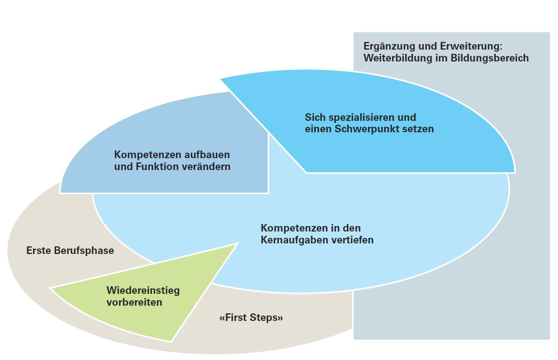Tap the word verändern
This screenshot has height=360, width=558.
point(206,166)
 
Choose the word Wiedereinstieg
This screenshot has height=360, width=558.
point(143,290)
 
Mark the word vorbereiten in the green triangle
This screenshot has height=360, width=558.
point(134,302)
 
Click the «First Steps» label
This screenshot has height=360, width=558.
point(251,318)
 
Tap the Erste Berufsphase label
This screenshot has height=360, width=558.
point(70,251)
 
